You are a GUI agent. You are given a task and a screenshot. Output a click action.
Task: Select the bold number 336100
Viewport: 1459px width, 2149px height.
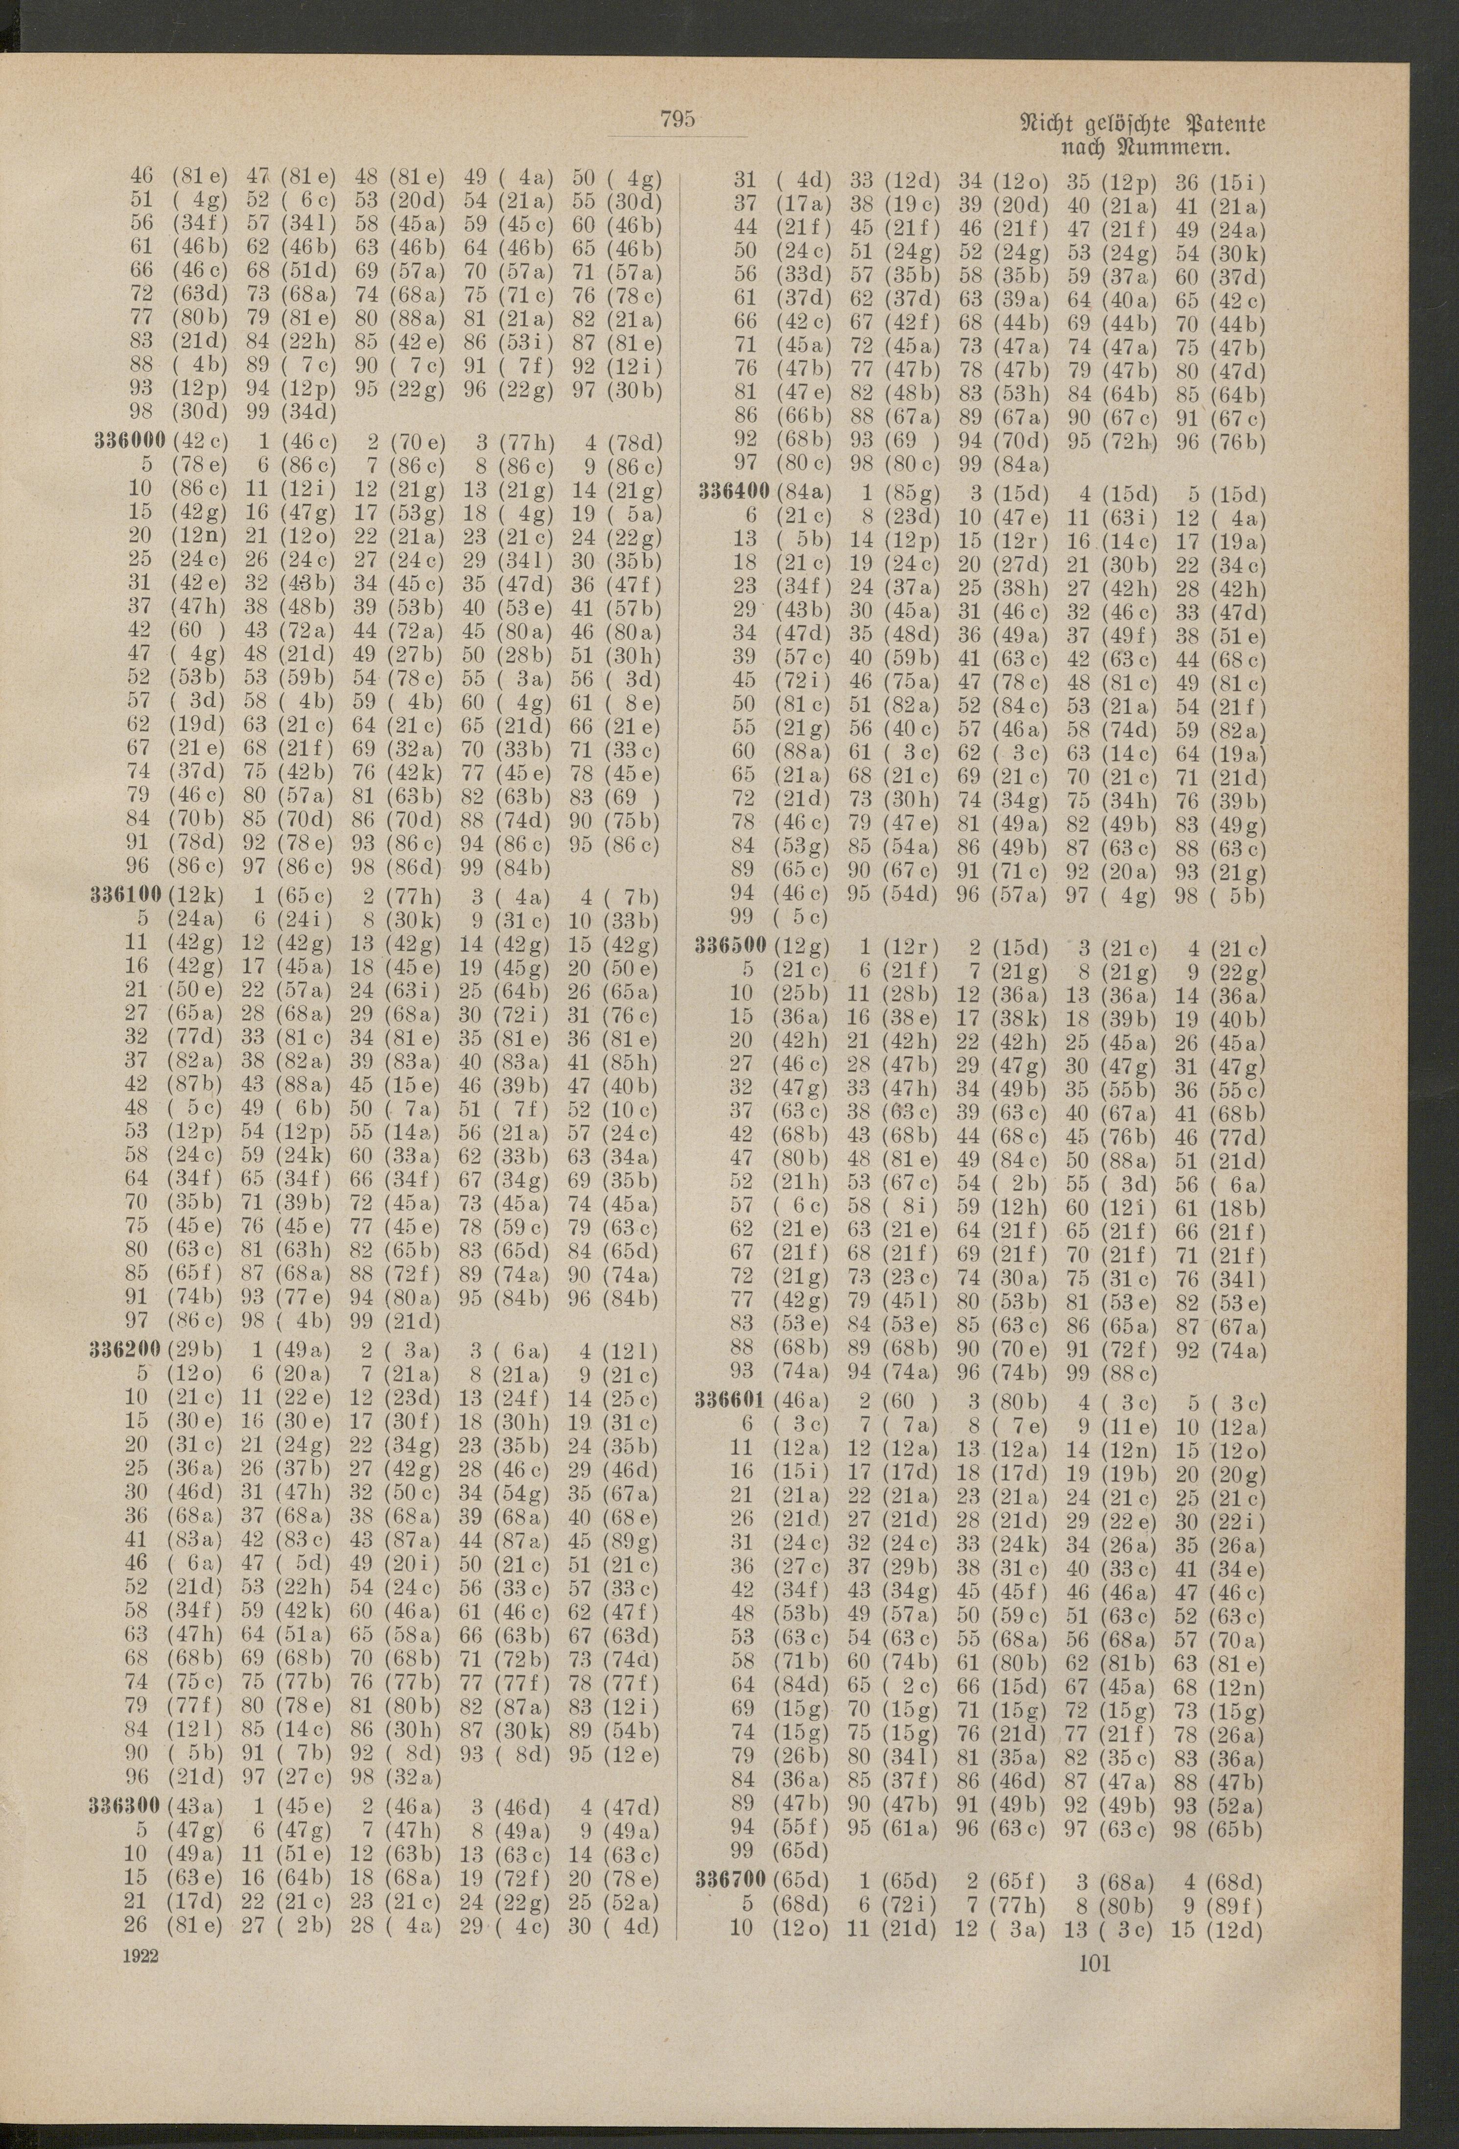click(128, 897)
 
